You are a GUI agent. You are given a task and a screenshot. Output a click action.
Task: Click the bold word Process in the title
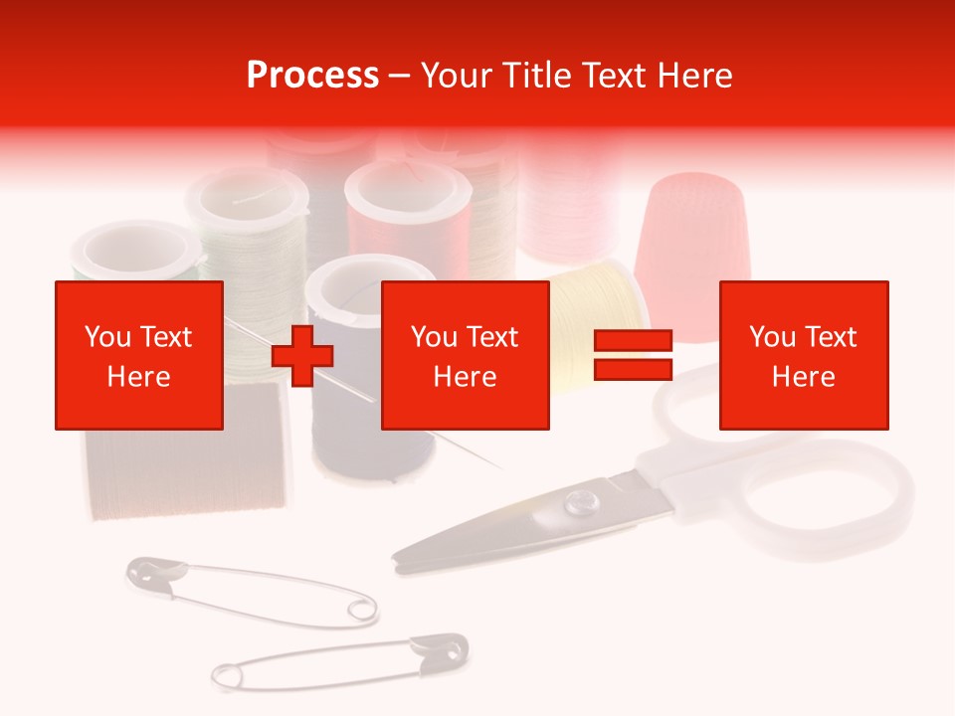[312, 75]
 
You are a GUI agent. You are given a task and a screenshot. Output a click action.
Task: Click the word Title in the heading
[533, 76]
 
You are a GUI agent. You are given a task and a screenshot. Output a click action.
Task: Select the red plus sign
[302, 355]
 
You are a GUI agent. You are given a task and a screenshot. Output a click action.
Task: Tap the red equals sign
[633, 355]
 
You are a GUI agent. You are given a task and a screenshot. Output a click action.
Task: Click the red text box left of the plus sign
[139, 355]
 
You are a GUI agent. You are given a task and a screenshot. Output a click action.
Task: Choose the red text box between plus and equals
[466, 355]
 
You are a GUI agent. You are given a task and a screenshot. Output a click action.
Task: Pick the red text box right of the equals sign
[804, 355]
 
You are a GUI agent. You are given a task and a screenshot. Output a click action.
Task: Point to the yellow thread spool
[593, 308]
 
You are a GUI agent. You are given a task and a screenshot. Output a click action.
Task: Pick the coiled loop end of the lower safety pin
[227, 677]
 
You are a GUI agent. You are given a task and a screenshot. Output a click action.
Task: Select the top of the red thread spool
[407, 198]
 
